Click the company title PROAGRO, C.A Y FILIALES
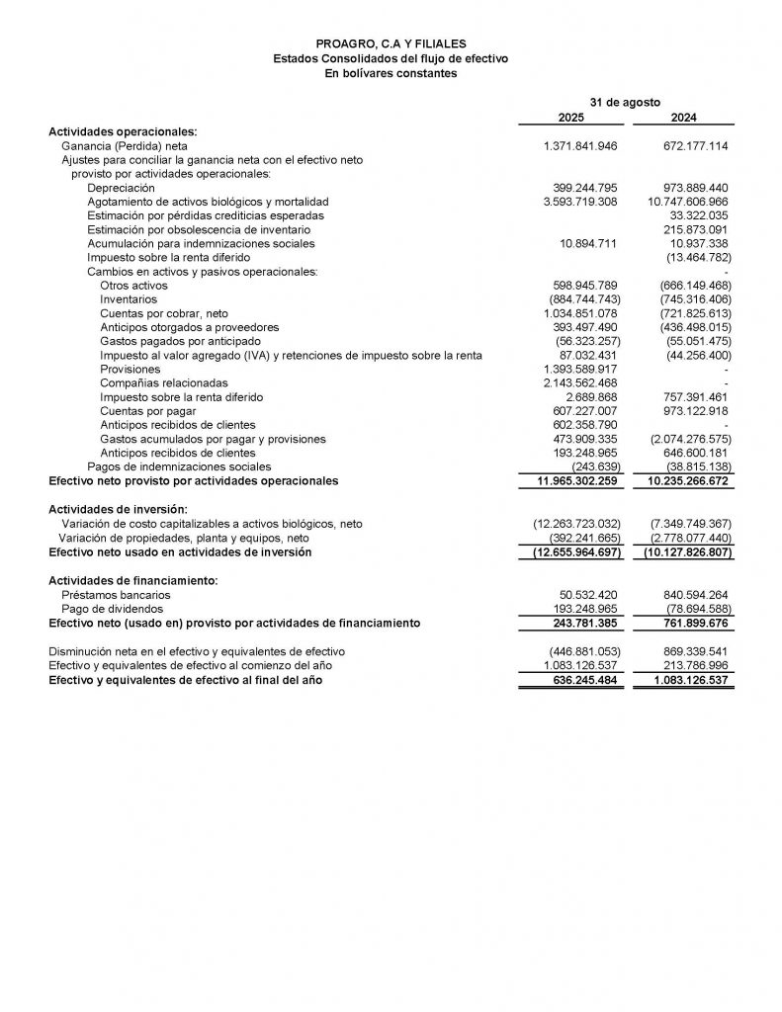coord(391,44)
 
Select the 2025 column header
coord(570,117)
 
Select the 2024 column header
coord(683,117)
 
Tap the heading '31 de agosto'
coord(625,102)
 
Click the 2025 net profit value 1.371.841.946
coord(580,145)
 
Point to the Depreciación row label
coord(121,187)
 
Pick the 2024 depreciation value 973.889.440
coord(691,187)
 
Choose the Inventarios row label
coord(129,298)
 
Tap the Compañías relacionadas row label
coord(164,382)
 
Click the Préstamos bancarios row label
coord(116,595)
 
